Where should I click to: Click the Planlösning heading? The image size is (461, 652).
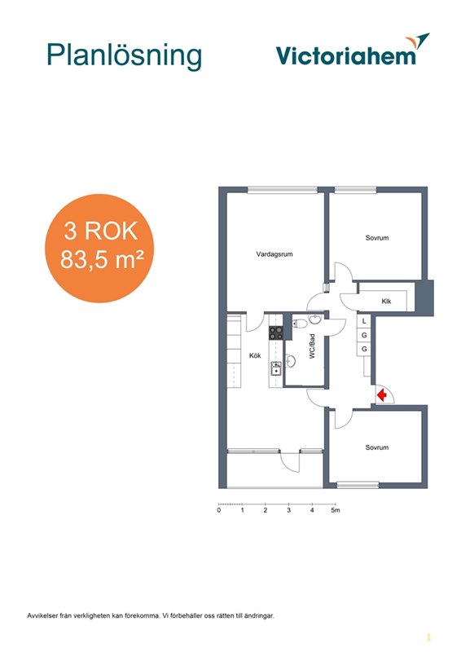[125, 55]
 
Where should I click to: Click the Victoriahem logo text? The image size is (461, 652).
[346, 55]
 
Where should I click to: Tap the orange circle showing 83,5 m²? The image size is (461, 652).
[99, 249]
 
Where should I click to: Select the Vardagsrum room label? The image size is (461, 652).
[274, 254]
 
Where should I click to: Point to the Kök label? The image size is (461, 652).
[255, 355]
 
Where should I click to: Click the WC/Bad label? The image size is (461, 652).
[312, 346]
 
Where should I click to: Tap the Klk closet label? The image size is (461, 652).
[386, 301]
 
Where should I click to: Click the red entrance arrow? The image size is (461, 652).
[382, 394]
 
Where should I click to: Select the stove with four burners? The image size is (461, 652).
[276, 333]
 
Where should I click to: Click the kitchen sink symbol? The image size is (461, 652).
[276, 368]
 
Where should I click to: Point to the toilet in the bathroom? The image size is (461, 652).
[300, 323]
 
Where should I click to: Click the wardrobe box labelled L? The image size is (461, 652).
[364, 320]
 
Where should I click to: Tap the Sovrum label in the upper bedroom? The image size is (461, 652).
[377, 238]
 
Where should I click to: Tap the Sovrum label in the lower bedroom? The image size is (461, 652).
[377, 447]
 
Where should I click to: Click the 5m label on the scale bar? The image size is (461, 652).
[336, 510]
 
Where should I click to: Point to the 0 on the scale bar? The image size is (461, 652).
[219, 510]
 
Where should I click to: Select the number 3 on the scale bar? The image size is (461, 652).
[289, 510]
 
